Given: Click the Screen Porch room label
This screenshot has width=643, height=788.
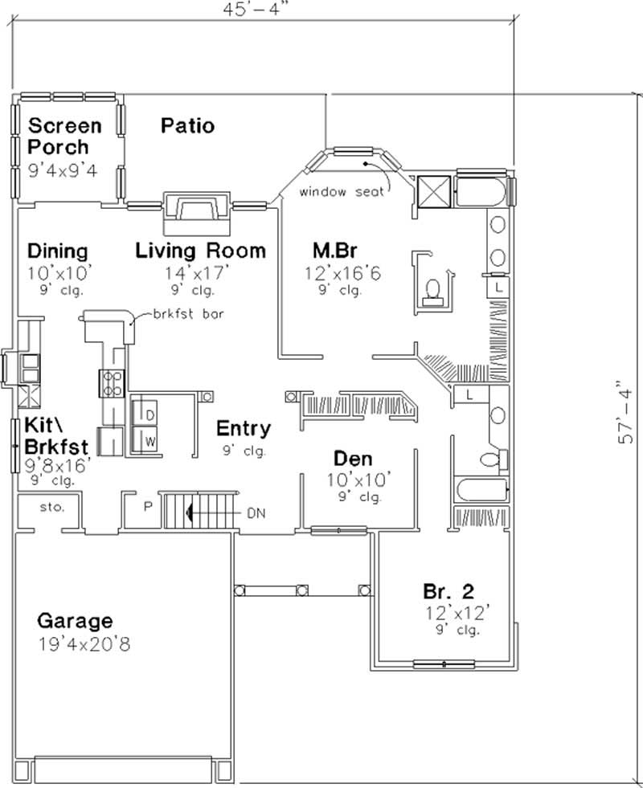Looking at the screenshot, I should [65, 137].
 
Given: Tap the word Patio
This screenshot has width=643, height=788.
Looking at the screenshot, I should [186, 126].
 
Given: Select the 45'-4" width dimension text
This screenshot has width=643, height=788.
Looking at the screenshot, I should [258, 10].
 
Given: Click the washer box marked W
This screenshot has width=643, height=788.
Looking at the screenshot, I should [149, 441].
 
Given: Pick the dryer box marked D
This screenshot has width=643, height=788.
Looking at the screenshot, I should [149, 414].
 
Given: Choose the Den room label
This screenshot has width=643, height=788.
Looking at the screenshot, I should [353, 459].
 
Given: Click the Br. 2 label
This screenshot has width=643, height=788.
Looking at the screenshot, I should [448, 592].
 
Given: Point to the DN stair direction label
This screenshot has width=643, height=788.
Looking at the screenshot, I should [256, 511].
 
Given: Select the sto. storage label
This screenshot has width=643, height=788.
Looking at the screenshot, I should [47, 507].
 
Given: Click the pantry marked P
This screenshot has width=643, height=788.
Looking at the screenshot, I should [148, 508].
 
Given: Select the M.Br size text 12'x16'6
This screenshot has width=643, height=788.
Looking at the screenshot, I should [342, 274].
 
